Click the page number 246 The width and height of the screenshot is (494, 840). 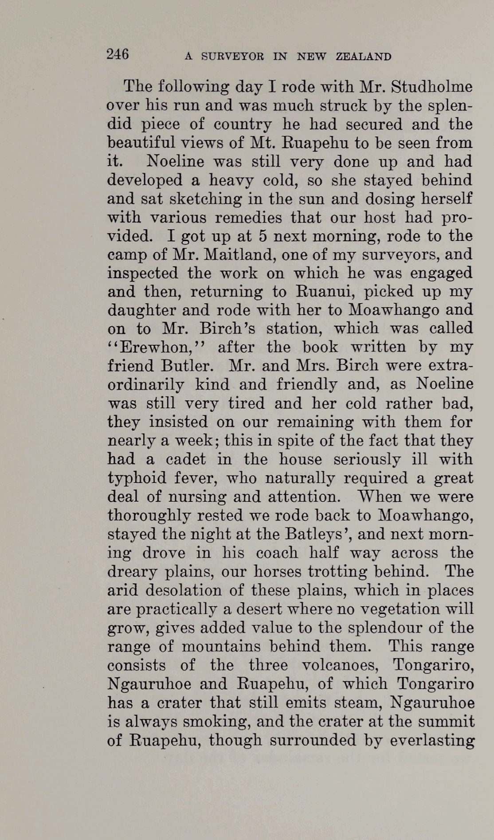118,55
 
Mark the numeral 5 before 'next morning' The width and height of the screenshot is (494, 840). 263,236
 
